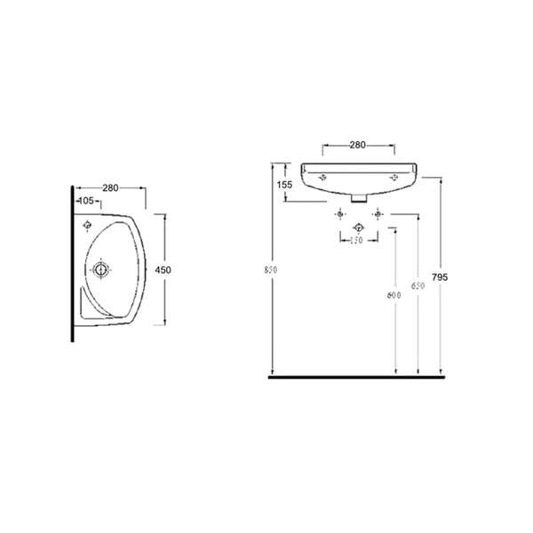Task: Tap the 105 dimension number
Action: (88, 203)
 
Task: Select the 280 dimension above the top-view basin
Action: (111, 187)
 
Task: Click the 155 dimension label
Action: (284, 185)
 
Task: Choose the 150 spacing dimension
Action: (357, 241)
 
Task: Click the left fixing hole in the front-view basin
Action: (323, 177)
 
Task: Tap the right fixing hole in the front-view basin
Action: (393, 177)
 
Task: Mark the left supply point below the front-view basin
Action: (338, 215)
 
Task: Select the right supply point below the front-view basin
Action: (378, 215)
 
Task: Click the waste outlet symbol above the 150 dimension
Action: (358, 227)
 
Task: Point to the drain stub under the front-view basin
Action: (358, 199)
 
